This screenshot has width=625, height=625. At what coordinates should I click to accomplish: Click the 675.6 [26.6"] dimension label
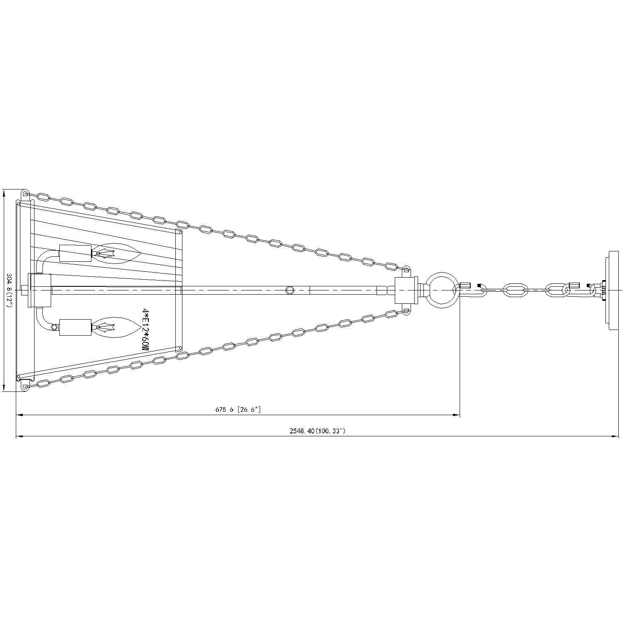point(238,409)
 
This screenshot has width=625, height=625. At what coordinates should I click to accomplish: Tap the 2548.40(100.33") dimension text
point(317,431)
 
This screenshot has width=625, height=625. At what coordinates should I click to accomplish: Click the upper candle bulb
point(116,253)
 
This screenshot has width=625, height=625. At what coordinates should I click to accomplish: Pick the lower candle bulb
point(116,327)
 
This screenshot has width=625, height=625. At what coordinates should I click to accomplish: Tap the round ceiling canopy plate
point(614,290)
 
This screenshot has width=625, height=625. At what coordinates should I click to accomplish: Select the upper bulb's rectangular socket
point(75,253)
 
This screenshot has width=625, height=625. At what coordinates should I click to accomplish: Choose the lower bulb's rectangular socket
point(75,327)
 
